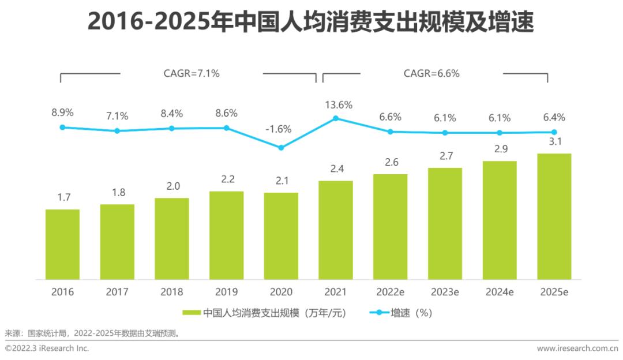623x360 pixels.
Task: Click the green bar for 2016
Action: click(x=62, y=244)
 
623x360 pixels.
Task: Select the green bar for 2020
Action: click(x=281, y=236)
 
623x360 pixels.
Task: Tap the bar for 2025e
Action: click(x=554, y=216)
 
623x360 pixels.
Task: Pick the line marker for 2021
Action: click(x=336, y=118)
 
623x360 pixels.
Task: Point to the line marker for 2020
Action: click(x=281, y=147)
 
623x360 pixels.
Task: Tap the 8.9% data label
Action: click(x=62, y=112)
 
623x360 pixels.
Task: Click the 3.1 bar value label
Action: click(x=554, y=142)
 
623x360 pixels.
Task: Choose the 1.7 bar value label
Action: click(x=63, y=197)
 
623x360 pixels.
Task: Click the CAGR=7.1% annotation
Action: click(x=192, y=73)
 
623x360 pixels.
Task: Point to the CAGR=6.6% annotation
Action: click(x=431, y=73)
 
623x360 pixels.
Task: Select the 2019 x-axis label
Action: click(x=226, y=292)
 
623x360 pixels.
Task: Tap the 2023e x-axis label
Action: click(x=445, y=292)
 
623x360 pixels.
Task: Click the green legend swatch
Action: click(x=192, y=313)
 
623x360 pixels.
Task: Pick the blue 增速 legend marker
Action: click(x=378, y=313)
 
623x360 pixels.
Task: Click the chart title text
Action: click(x=311, y=24)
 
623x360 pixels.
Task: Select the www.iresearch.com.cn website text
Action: click(x=577, y=348)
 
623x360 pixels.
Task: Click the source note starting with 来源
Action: click(x=92, y=333)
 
